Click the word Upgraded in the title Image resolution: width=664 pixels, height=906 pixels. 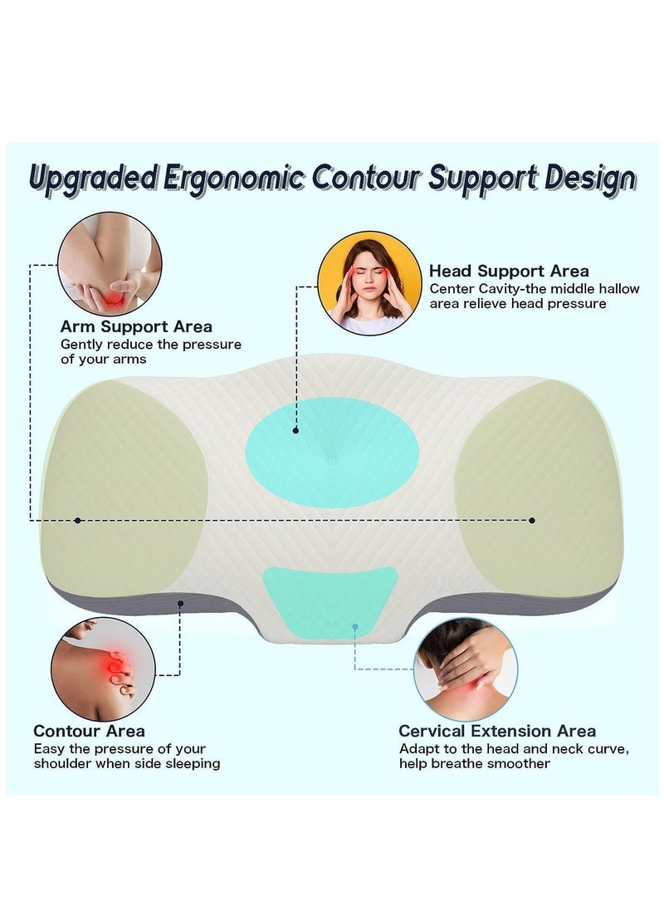pos(91,179)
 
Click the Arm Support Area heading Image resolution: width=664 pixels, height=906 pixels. pos(136,326)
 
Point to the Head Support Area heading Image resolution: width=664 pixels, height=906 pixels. pos(509,271)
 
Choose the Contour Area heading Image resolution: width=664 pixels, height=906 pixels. pos(89,731)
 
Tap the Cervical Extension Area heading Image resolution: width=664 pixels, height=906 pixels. pos(497,731)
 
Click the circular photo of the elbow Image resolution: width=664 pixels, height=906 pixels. pos(110,264)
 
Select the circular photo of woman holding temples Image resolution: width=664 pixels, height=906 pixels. pos(369,282)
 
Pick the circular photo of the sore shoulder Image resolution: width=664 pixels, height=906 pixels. pos(104,668)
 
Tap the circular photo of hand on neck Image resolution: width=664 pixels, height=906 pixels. pos(465,669)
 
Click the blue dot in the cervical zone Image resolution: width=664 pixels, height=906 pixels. pos(354,628)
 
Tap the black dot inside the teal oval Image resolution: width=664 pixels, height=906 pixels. pos(295,431)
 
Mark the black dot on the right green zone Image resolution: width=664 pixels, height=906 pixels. pos(532,520)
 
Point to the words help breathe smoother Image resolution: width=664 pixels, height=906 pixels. pos(475,763)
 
